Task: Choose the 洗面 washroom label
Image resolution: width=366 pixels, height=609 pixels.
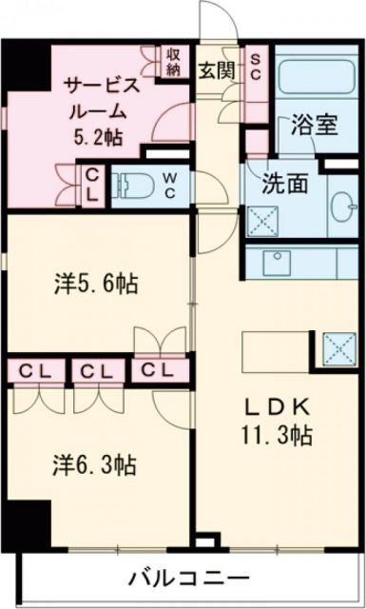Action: tap(285, 182)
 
